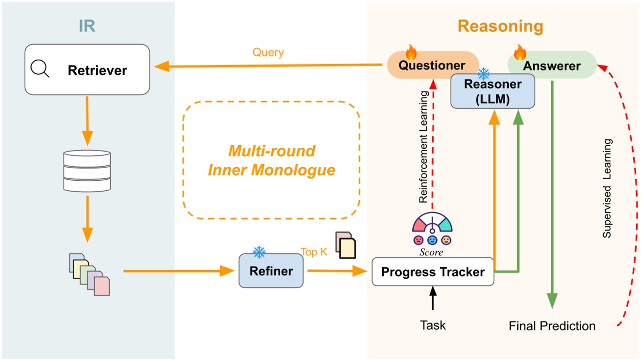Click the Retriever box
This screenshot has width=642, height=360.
87,70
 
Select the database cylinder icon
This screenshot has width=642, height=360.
87,170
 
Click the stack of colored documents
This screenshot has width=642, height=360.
89,274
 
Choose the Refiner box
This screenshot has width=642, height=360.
271,271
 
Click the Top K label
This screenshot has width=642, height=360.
314,252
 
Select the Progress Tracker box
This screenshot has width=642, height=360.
432,272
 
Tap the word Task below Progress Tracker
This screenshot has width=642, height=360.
433,325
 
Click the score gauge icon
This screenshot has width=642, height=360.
432,228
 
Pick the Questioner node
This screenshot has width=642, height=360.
432,65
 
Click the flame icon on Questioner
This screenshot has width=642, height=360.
411,52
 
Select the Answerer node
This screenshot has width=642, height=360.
552,65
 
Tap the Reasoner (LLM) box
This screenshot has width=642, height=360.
492,90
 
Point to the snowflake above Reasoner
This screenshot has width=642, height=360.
484,74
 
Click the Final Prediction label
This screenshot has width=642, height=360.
552,326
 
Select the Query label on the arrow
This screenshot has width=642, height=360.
268,52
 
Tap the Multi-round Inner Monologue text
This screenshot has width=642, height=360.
271,160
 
